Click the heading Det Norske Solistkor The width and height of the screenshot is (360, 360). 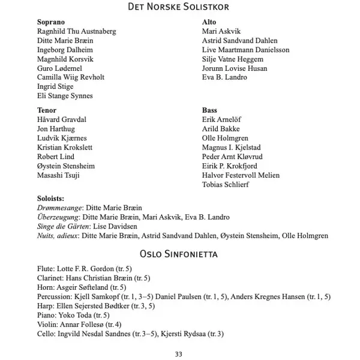tap(179, 7)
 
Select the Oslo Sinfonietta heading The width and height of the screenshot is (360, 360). tap(179, 254)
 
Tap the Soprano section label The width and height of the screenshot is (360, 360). tap(51, 22)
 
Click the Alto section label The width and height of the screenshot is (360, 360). tap(209, 22)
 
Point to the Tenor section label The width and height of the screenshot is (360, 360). tap(47, 110)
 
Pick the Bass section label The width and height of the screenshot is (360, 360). tap(209, 110)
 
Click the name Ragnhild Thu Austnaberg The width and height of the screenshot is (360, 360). tap(76, 31)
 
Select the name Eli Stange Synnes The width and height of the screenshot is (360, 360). tap(65, 96)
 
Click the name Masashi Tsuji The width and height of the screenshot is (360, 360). tap(58, 175)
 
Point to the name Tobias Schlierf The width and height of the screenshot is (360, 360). tap(226, 185)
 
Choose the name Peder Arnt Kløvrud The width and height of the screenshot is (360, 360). tap(232, 157)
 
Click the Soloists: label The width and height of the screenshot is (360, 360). tap(50, 198)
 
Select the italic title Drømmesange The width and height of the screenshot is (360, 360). tap(59, 208)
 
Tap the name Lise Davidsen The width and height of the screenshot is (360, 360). tap(116, 226)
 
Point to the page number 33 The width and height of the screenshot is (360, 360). tap(178, 353)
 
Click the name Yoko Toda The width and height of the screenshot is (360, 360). tap(75, 315)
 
